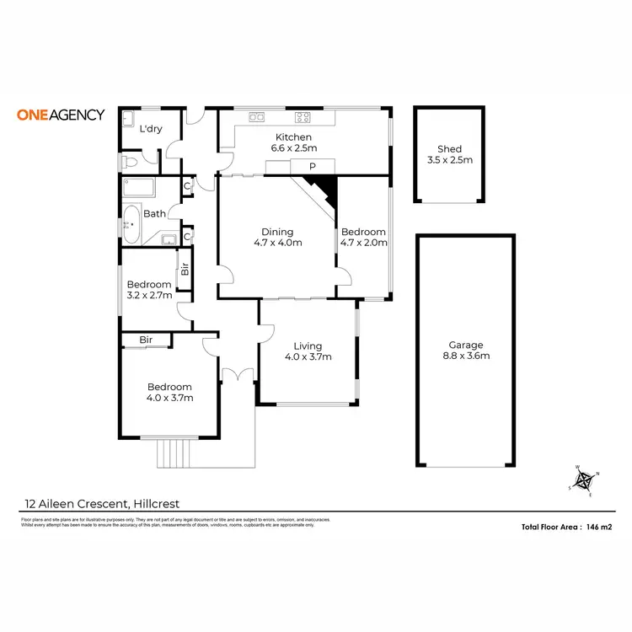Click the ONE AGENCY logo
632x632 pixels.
click(61, 115)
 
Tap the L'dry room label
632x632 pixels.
click(151, 129)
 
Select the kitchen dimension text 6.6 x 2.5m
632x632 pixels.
click(291, 148)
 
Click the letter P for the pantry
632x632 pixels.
click(312, 167)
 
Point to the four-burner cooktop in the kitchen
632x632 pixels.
click(303, 117)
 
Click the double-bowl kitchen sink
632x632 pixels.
click(251, 117)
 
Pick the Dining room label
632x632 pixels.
click(277, 232)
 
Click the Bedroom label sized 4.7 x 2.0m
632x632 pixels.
click(363, 232)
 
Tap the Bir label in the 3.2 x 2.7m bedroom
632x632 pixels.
click(183, 271)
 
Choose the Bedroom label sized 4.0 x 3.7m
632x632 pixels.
click(170, 388)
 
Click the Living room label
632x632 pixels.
click(308, 345)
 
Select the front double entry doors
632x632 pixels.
click(238, 376)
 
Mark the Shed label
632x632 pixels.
click(449, 149)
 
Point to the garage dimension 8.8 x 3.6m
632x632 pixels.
click(465, 356)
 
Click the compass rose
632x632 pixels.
click(584, 480)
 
